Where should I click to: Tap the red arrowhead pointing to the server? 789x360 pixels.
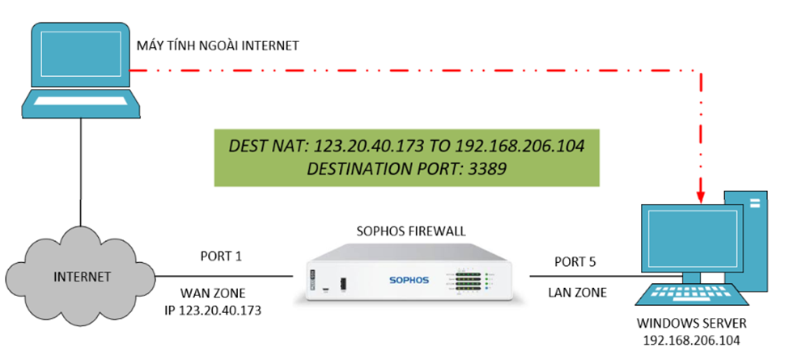[x=700, y=193]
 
